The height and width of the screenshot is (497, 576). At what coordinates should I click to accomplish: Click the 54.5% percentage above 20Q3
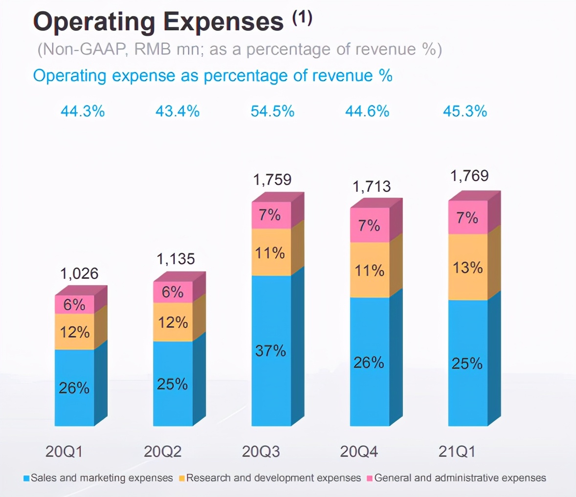[x=272, y=112]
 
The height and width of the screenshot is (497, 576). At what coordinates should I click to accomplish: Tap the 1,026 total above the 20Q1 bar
[x=79, y=273]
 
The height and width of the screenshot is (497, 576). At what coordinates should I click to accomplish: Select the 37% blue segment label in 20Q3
[x=270, y=350]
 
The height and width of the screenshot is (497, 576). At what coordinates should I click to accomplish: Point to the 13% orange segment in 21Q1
[x=467, y=268]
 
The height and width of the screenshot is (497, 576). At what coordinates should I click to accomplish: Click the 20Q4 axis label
[x=359, y=452]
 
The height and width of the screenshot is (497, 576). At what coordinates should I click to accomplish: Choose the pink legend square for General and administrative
[x=370, y=478]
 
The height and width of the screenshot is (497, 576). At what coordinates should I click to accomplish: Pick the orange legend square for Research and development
[x=182, y=478]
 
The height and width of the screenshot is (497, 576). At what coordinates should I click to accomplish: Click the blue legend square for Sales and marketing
[x=26, y=478]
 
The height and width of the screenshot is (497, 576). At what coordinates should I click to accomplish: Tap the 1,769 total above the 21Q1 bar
[x=469, y=176]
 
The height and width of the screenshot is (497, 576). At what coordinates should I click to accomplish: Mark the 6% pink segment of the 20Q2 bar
[x=173, y=292]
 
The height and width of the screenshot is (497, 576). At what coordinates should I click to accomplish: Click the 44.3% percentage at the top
[x=83, y=112]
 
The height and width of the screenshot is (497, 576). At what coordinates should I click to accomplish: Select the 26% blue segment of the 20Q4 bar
[x=369, y=362]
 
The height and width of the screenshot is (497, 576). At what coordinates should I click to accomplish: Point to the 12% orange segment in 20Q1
[x=74, y=332]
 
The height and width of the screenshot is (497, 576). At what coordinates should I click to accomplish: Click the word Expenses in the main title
[x=223, y=22]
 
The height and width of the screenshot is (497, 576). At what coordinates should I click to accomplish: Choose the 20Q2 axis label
[x=163, y=452]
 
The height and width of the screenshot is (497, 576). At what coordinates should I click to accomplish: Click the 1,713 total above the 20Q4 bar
[x=372, y=186]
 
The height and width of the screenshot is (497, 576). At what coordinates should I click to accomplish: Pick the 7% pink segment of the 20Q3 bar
[x=270, y=215]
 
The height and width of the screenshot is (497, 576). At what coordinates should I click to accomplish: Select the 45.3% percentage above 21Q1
[x=465, y=112]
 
